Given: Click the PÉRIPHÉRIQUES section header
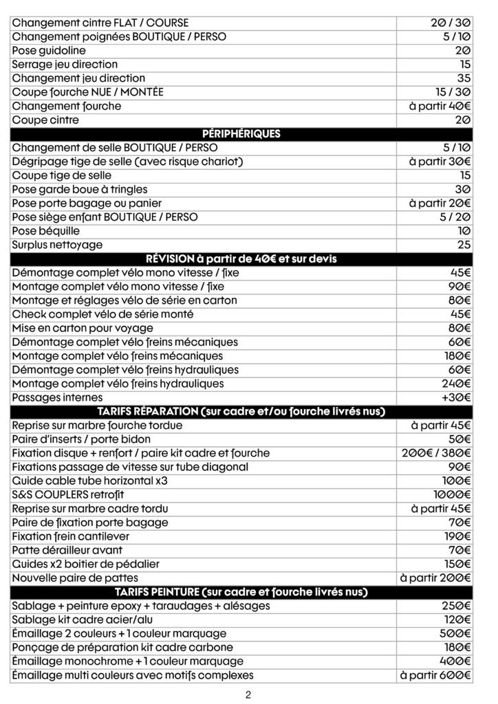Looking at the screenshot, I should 241,134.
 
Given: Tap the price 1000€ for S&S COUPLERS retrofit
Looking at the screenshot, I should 452,494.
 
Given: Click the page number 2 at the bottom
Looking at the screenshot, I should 248,694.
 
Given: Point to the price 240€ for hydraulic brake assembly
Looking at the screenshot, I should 456,384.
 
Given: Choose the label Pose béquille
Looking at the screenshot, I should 45,231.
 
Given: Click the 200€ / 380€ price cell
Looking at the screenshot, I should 436,453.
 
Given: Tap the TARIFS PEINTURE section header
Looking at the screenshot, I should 241,592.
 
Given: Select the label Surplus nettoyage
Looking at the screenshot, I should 57,245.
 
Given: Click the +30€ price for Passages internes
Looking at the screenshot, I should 456,397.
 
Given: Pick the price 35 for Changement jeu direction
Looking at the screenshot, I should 464,78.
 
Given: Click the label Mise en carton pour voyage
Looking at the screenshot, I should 83,328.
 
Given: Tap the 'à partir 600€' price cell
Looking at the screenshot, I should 435,675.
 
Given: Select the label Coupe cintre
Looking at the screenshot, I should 45,120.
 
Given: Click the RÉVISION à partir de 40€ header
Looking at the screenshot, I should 241,259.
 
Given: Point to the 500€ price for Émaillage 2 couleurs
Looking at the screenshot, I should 456,633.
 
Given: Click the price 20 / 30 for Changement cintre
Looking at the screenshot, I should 446,23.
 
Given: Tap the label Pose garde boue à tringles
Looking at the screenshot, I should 80,189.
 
